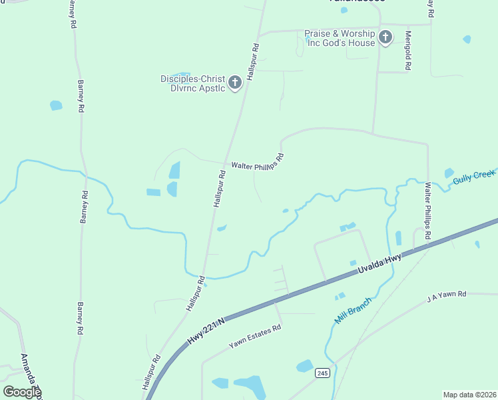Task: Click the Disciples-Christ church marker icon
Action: [x=234, y=83]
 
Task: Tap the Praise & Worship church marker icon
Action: [x=385, y=38]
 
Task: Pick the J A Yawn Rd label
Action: [x=447, y=297]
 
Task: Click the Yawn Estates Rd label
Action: [x=256, y=336]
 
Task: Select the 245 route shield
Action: [x=322, y=373]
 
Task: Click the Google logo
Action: [x=22, y=392]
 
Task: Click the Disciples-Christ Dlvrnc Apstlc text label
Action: [x=192, y=83]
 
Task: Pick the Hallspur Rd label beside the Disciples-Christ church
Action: [x=253, y=62]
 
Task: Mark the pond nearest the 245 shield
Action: [x=304, y=365]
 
